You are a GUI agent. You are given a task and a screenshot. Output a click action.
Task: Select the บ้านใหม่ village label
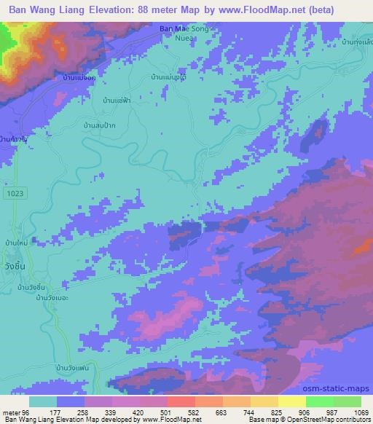click(x=14, y=242)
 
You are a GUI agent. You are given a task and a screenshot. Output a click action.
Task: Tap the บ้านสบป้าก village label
click(x=101, y=127)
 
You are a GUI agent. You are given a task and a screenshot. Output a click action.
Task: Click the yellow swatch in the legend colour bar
click(x=292, y=401)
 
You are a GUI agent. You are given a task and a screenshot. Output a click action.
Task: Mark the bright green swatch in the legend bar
click(x=320, y=401)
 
